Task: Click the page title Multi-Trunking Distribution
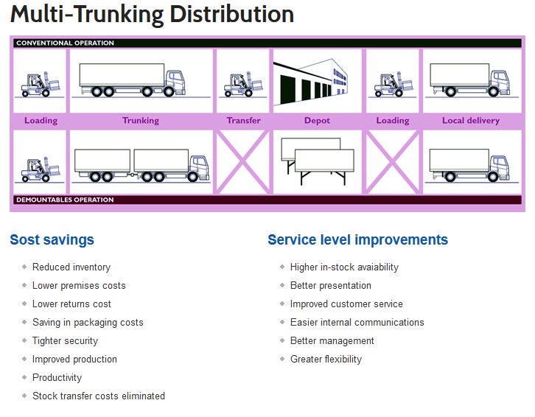152,15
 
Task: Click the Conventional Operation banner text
66,43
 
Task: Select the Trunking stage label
140,120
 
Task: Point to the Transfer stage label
243,120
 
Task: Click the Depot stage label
317,120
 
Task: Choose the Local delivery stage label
470,120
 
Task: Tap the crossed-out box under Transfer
243,162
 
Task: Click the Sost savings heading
52,239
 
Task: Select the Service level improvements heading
357,239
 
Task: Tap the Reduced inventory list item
71,267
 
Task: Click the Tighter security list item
65,341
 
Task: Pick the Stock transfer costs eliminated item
98,396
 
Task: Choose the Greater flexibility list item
326,360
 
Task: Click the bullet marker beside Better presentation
282,286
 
